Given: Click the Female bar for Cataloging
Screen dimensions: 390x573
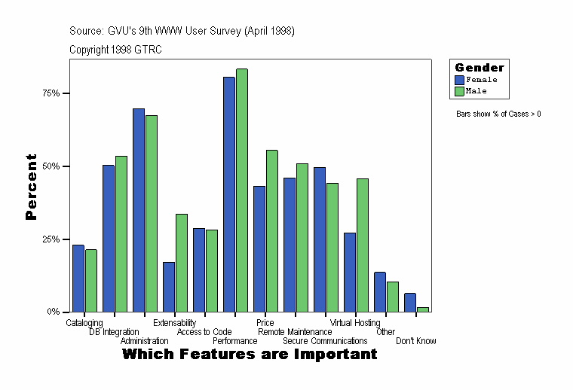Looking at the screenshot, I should click(x=78, y=278).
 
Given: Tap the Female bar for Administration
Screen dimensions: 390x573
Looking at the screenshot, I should click(x=139, y=210).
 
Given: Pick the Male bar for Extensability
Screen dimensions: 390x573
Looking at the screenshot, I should click(x=182, y=263).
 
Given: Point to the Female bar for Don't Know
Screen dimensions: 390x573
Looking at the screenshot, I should click(x=410, y=302).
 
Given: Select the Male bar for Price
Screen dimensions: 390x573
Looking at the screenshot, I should click(x=272, y=230).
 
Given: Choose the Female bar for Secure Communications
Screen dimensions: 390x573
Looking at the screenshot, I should click(x=320, y=239).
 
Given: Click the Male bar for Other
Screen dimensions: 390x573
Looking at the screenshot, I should click(x=393, y=297).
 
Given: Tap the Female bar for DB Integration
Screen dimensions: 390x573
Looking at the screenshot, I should click(x=109, y=238).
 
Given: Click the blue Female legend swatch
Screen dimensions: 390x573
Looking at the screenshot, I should click(x=459, y=79).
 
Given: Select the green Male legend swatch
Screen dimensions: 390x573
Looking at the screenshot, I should click(x=459, y=91).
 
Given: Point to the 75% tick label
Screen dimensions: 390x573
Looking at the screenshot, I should click(x=51, y=93).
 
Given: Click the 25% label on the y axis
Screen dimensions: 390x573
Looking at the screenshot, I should click(x=51, y=239).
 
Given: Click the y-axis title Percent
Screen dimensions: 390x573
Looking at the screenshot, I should click(x=31, y=187).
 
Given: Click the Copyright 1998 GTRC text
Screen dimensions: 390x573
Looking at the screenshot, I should click(x=115, y=50).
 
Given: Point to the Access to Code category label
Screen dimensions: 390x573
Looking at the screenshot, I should click(x=204, y=332).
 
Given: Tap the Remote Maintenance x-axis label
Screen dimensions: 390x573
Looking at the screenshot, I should click(x=295, y=332).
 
